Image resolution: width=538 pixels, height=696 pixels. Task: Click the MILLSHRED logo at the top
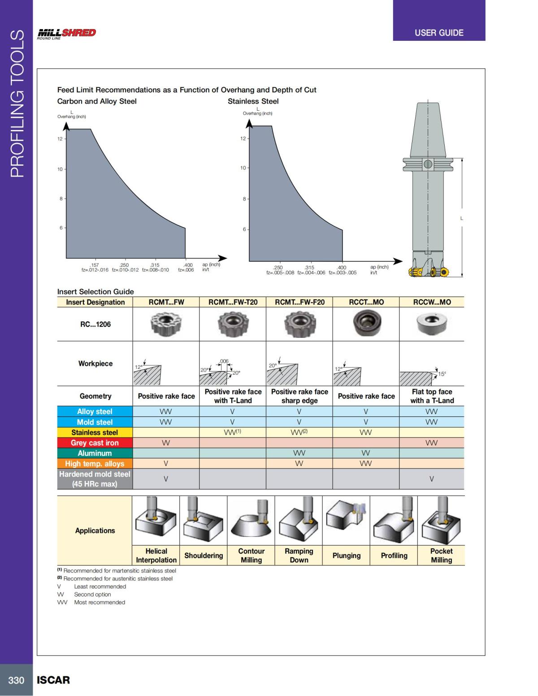click(x=66, y=33)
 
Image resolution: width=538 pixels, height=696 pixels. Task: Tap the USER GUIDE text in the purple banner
click(x=439, y=33)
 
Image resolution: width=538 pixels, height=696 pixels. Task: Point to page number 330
click(x=16, y=680)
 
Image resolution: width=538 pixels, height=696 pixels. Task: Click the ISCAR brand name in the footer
click(x=53, y=680)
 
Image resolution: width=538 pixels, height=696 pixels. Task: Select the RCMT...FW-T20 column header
click(x=233, y=302)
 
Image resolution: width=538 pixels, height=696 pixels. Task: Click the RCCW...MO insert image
click(x=431, y=324)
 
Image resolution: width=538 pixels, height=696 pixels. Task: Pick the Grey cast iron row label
click(x=95, y=443)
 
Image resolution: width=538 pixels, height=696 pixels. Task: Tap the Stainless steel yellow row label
click(x=95, y=432)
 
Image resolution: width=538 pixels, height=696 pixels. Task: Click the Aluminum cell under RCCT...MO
click(x=366, y=453)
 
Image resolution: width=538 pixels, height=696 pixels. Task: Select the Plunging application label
click(x=346, y=556)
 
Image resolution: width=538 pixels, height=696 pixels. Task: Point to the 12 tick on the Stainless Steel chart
click(x=243, y=138)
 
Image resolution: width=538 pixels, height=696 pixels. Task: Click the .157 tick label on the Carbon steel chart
click(x=94, y=265)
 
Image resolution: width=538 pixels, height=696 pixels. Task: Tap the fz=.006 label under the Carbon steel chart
click(x=186, y=270)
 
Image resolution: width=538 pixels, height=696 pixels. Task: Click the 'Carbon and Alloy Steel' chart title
click(x=97, y=101)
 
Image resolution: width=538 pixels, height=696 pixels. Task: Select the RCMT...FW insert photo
click(x=166, y=324)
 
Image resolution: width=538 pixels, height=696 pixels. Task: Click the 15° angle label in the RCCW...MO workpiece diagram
click(x=442, y=374)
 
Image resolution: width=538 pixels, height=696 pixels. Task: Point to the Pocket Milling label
click(x=441, y=556)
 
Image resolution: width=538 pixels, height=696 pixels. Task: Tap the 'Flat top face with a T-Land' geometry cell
click(x=432, y=396)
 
